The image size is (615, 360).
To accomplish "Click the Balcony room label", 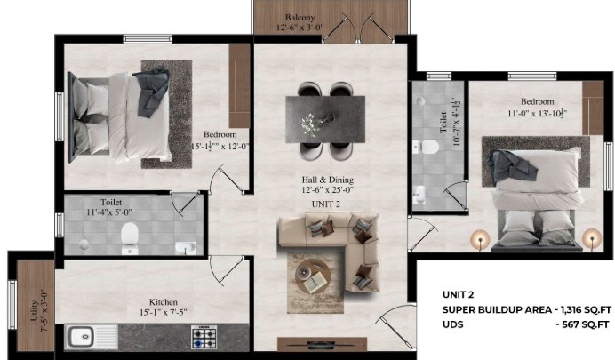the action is pos(300,18).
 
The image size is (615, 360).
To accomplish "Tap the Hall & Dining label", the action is pos(328,180).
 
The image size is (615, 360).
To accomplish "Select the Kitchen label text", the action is pos(164,302).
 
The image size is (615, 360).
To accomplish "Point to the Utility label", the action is pos(34,310).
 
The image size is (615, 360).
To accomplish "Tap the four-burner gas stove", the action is pos(204,337).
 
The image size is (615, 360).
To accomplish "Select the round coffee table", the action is pos(313,276).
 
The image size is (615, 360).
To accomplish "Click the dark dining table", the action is pos(325,119).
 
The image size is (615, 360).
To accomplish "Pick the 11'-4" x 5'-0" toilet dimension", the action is pos(109,212).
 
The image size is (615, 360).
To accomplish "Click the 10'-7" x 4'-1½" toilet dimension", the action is pos(457,122).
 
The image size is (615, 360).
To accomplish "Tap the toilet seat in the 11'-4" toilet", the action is pos(129,236).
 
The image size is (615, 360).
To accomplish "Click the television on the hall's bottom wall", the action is pos(321,345).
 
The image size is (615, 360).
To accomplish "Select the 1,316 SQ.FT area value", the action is pos(587,310).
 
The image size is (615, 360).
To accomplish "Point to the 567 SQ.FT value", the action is pos(586,324).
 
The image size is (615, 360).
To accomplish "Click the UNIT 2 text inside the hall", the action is pos(325,204).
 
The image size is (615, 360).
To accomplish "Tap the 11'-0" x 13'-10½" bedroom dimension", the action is pos(538,114).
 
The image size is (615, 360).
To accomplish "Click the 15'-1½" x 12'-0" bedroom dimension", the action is pos(220,147).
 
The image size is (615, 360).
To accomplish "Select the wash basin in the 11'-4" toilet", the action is pos(186,248).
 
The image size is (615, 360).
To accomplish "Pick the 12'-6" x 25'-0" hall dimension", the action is pos(328,190).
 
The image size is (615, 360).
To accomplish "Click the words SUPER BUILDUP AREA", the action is pos(497,310).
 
